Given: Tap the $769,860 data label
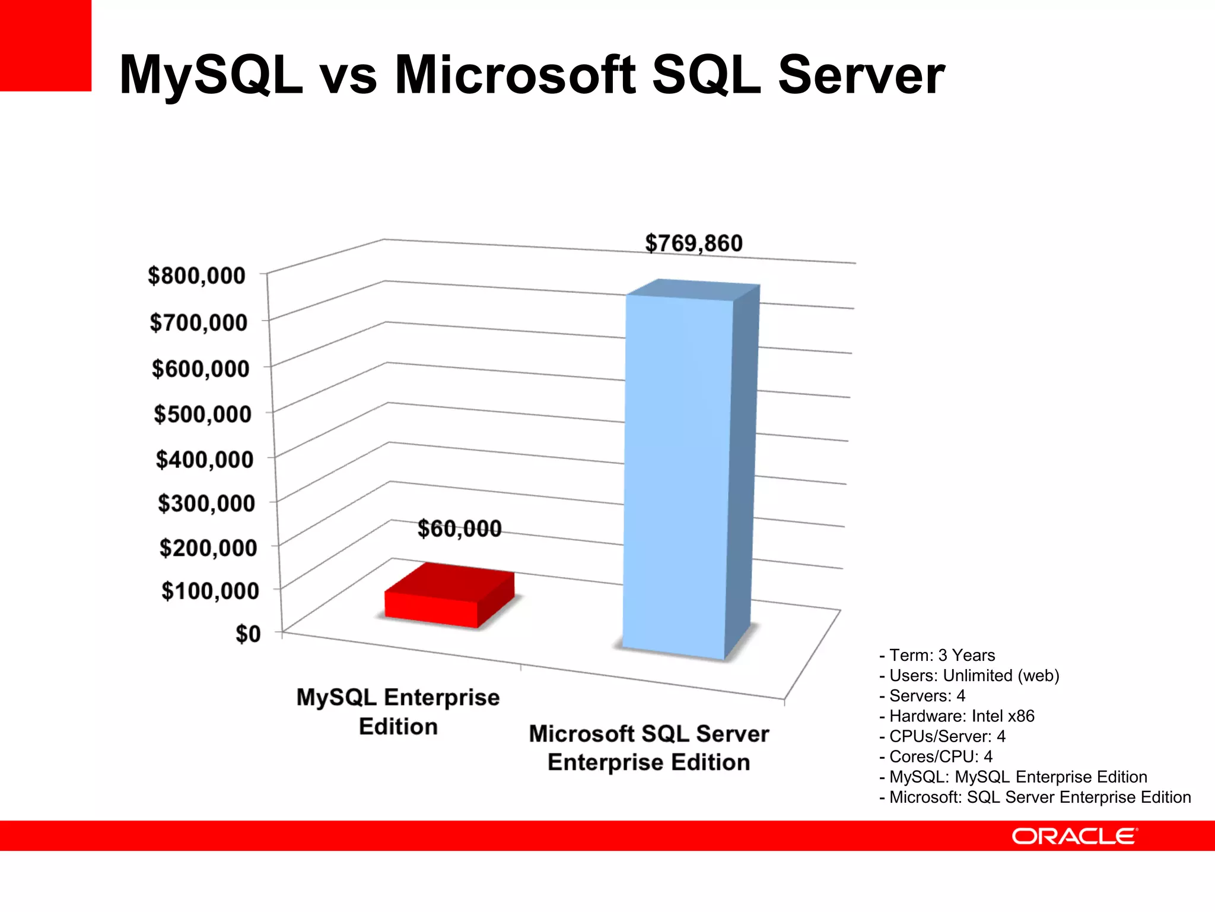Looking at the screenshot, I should click(x=694, y=243).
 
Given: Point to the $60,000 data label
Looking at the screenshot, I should click(x=459, y=528).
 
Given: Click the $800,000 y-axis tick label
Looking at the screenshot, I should click(x=196, y=276).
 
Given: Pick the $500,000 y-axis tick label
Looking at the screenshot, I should click(x=202, y=414).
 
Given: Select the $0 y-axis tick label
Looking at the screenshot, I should click(x=248, y=634).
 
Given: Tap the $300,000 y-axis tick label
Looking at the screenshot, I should click(x=206, y=503).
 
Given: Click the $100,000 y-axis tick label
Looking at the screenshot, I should click(x=210, y=591).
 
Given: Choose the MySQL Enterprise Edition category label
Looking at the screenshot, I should click(x=398, y=711).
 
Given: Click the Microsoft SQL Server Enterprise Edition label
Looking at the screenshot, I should click(x=649, y=748).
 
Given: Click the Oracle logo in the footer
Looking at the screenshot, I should click(x=1074, y=836).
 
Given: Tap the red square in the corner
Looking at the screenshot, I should click(x=45, y=45).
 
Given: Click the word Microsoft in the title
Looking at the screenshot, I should click(x=515, y=75).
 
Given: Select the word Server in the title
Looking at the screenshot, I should click(x=861, y=75).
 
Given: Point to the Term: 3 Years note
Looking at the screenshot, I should click(x=937, y=655).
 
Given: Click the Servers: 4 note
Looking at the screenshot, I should click(x=923, y=696).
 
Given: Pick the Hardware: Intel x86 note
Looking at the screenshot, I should click(x=957, y=716).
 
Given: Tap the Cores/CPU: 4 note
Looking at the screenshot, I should click(x=936, y=756).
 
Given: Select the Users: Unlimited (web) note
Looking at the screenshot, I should click(x=969, y=676).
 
